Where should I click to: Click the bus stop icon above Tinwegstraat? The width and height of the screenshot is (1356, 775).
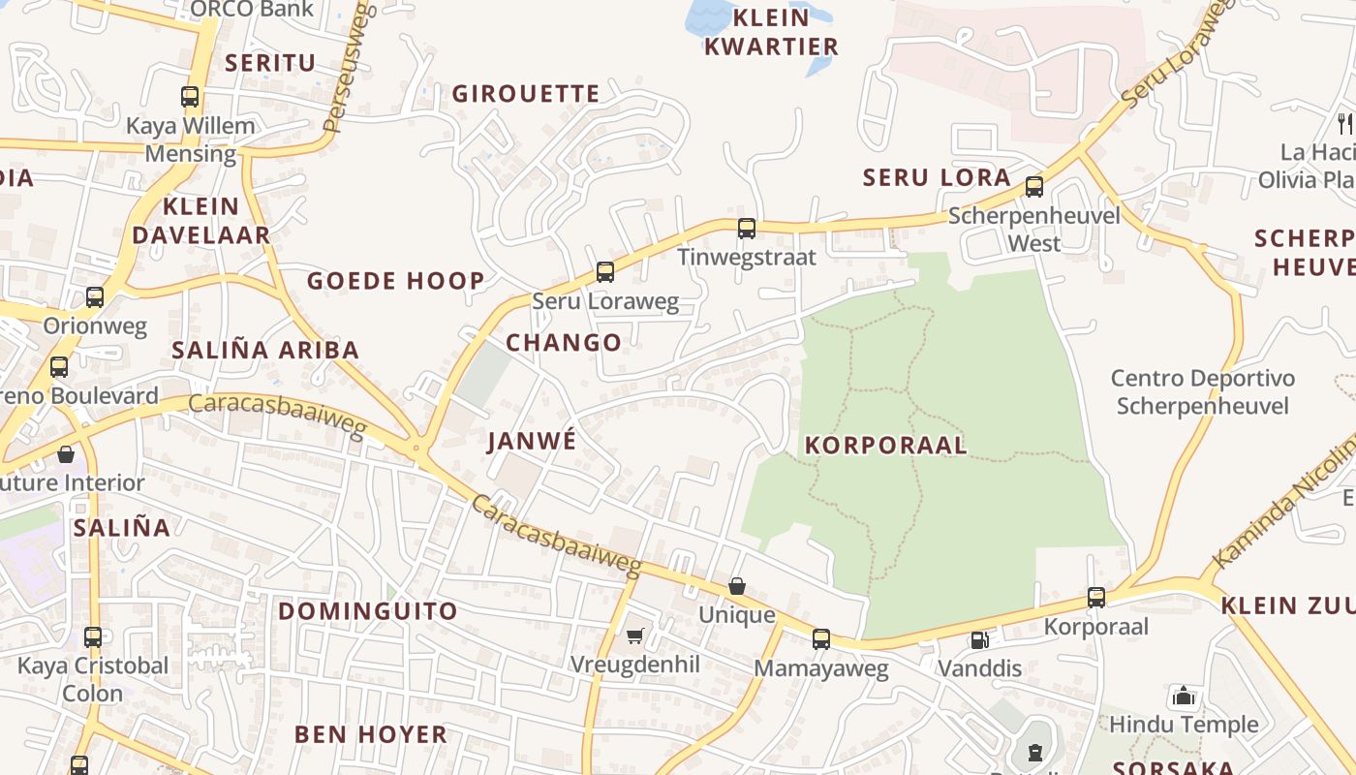click(746, 229)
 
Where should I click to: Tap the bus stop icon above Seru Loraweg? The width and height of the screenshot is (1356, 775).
click(605, 272)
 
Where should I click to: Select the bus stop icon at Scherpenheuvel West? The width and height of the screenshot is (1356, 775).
click(1034, 187)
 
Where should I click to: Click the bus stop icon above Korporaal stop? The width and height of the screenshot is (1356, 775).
click(1095, 598)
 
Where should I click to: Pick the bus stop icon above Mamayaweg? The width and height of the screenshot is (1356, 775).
click(821, 639)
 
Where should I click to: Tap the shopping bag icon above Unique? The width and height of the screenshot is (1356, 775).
click(737, 586)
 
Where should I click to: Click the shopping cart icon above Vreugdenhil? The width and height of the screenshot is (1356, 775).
click(634, 636)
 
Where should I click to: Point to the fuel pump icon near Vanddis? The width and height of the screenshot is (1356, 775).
click(979, 640)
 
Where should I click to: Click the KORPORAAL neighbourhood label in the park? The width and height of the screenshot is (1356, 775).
click(885, 446)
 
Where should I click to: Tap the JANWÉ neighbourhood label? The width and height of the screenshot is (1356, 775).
click(532, 441)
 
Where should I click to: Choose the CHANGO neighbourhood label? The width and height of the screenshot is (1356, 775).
click(564, 343)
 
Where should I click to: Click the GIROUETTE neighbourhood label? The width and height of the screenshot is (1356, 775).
click(526, 94)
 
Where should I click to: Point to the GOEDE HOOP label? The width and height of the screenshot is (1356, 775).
click(396, 282)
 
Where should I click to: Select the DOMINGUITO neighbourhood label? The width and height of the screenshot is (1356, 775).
click(368, 611)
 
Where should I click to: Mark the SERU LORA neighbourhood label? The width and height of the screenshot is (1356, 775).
click(937, 178)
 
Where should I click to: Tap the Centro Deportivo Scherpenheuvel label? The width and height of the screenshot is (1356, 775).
click(1202, 391)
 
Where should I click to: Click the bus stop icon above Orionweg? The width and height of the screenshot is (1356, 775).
click(94, 297)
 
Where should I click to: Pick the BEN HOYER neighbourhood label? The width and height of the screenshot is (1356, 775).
click(371, 734)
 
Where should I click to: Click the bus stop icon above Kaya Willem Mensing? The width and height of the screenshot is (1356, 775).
click(190, 97)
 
